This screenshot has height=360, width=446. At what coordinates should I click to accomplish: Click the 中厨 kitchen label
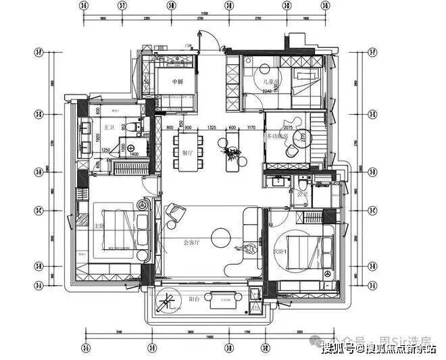click(x=178, y=83)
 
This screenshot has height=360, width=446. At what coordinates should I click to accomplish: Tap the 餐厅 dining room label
click(x=189, y=153)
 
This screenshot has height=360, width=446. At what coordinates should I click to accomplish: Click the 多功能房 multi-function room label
click(x=278, y=136)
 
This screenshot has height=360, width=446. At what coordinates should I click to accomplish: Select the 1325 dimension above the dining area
click(x=212, y=128)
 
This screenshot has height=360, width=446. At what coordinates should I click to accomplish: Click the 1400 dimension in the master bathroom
click(x=134, y=155)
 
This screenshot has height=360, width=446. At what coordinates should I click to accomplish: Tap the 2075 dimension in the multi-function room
click(x=288, y=128)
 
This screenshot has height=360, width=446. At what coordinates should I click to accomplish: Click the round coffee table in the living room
click(x=220, y=238)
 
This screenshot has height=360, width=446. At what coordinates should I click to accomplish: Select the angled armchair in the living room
click(x=176, y=214)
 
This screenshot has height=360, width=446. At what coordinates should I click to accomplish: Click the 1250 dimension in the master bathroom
click(x=105, y=150)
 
